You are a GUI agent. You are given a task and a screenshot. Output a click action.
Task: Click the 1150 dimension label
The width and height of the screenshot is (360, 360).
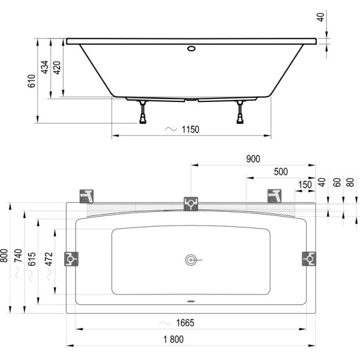click(190, 130)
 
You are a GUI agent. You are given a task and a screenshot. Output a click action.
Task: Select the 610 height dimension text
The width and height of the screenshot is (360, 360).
click(32, 81)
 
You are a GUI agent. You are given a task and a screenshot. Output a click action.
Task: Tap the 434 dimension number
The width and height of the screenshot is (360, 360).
click(44, 67)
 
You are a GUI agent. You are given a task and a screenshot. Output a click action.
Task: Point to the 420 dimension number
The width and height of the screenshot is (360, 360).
click(57, 67)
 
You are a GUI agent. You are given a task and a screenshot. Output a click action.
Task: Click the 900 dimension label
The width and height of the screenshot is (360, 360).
click(253, 159)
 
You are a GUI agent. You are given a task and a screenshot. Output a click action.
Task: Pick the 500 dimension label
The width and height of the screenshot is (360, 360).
click(281, 172)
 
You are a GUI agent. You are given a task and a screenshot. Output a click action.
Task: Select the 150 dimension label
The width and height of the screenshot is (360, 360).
click(305, 185)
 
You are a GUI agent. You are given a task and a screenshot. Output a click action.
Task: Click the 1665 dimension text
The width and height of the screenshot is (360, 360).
click(185, 323)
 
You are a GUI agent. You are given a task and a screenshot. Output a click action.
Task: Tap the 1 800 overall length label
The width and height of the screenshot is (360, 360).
click(173, 340)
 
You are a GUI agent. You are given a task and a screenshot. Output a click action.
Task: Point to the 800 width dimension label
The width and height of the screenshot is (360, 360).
click(4, 256)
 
